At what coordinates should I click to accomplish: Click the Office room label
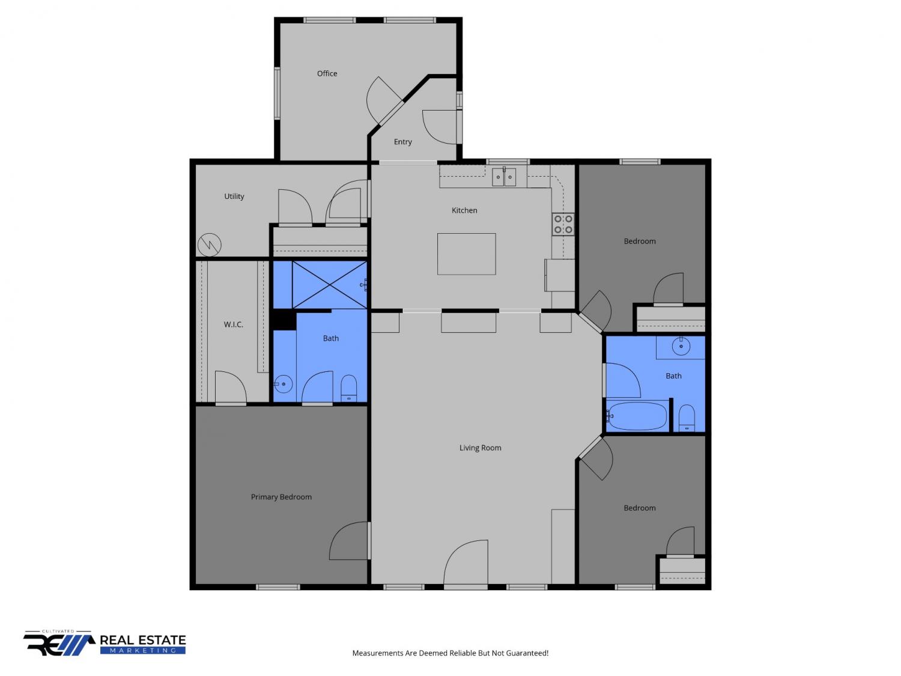327,73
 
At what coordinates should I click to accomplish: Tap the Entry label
402,142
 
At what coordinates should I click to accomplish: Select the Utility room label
234,196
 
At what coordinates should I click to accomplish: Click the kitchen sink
503,177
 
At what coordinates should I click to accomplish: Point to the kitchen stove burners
563,224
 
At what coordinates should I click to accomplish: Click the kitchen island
466,254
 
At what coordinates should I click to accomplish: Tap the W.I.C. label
233,324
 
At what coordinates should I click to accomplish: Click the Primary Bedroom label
281,497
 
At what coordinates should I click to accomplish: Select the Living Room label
480,448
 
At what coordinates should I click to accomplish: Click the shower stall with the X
329,284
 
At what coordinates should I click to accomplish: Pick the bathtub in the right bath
636,415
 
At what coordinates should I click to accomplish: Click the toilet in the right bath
687,418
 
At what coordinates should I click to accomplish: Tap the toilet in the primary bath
348,388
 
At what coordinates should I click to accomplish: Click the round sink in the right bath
681,347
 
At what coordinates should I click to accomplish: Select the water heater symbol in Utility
210,245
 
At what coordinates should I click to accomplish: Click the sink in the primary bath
284,384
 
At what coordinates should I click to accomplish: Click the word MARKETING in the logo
142,650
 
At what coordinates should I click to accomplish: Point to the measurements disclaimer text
450,653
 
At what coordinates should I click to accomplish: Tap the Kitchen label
464,210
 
